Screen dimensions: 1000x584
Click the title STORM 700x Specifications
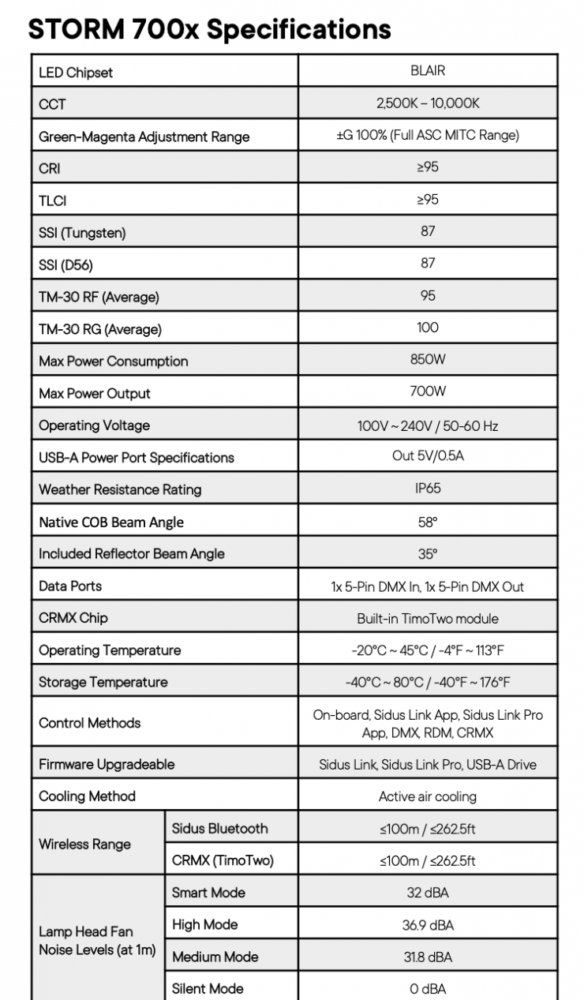[x=209, y=28]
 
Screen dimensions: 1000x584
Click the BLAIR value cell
[x=428, y=70]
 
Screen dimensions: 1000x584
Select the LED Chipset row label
[x=76, y=73]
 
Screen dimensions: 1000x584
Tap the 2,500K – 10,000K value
[x=428, y=103]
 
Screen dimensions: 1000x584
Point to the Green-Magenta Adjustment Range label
[x=144, y=137]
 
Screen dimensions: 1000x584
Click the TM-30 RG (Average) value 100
[x=428, y=328]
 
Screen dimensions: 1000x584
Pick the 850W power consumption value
[x=428, y=360]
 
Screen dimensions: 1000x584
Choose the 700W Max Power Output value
[x=428, y=391]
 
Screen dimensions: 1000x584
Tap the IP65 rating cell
[x=428, y=488]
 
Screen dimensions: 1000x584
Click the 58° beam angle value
[x=428, y=522]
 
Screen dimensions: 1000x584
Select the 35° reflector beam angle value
[x=428, y=554]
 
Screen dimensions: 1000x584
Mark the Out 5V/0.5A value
[x=428, y=456]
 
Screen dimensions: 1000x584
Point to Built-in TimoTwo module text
[x=428, y=619]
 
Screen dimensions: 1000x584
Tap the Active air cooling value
[x=428, y=796]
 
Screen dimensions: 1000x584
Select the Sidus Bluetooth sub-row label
[x=219, y=829]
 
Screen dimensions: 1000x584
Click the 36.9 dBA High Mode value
[x=428, y=925]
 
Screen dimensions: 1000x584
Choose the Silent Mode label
[x=208, y=988]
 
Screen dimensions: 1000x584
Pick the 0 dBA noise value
[x=428, y=989]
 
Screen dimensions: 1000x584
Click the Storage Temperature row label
[x=103, y=682]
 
